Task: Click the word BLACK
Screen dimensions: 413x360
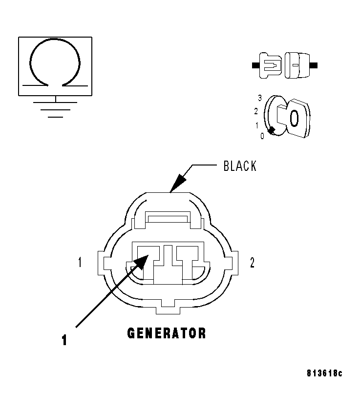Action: click(x=239, y=166)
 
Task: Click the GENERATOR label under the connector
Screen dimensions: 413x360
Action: click(x=167, y=333)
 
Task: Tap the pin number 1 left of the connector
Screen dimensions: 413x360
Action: click(x=79, y=263)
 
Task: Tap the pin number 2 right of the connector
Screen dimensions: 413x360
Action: click(x=252, y=263)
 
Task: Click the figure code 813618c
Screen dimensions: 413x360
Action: click(x=324, y=373)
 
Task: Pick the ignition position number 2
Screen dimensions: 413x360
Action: click(x=256, y=111)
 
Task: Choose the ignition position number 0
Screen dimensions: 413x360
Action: click(x=262, y=136)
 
